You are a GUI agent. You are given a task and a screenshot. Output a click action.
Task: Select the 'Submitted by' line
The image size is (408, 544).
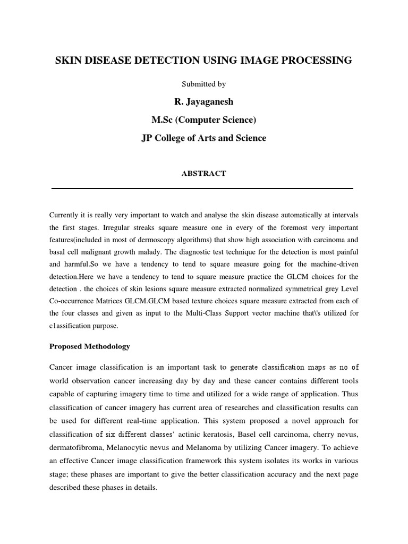(x=203, y=84)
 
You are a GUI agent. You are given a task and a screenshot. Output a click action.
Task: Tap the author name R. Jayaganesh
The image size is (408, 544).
(x=203, y=102)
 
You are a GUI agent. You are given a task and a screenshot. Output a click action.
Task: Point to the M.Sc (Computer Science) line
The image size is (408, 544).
(x=203, y=120)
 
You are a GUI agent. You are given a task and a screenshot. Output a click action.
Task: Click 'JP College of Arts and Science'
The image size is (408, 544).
(x=203, y=138)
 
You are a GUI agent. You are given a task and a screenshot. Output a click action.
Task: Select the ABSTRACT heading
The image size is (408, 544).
(x=203, y=173)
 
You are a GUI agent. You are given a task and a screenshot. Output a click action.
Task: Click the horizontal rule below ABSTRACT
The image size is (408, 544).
(x=202, y=188)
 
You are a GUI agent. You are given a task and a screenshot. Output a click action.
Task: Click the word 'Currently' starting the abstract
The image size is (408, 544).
(x=65, y=215)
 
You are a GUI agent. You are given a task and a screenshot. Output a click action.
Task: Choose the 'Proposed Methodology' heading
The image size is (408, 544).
(x=89, y=346)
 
